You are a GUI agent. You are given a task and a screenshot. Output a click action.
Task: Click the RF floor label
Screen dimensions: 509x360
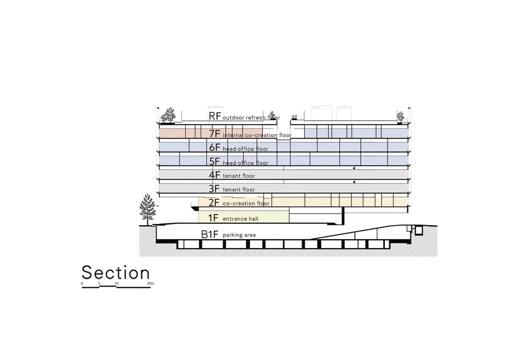coord(214,116)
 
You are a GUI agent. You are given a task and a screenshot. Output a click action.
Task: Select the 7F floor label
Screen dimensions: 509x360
coord(214,134)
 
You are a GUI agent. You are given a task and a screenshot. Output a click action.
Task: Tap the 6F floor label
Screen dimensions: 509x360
coord(214,148)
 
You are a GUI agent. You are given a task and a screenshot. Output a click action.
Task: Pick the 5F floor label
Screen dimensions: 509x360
coord(214,162)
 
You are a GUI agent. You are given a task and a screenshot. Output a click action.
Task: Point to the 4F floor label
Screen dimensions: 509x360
coord(214,175)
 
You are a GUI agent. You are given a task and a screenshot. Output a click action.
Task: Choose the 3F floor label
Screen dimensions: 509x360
coord(214,189)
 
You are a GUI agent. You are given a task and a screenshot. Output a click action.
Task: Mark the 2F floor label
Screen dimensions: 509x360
coord(214,202)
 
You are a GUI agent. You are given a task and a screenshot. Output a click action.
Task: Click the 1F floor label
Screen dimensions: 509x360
coord(213,218)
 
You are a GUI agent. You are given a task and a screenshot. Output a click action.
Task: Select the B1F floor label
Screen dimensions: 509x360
coord(210,234)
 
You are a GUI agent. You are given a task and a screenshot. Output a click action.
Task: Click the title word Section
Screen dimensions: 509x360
coord(116,272)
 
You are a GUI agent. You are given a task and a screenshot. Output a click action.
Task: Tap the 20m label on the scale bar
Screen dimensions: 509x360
coord(150,284)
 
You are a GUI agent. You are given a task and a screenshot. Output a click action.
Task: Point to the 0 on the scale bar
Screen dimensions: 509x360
coord(82,284)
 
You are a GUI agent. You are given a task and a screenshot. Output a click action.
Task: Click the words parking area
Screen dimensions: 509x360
coord(239,235)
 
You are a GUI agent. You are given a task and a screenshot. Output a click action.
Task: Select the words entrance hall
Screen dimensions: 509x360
coord(241,219)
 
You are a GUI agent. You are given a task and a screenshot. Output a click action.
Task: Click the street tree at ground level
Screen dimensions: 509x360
coord(148,209)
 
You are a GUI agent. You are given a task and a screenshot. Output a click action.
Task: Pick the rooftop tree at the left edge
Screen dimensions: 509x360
coord(168,115)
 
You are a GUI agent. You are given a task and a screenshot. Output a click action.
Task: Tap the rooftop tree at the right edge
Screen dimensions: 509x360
coord(401,117)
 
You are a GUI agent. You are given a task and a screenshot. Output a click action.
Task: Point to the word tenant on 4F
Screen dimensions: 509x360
coord(231,176)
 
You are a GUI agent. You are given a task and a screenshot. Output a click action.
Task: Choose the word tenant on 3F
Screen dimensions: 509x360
coord(231,190)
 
